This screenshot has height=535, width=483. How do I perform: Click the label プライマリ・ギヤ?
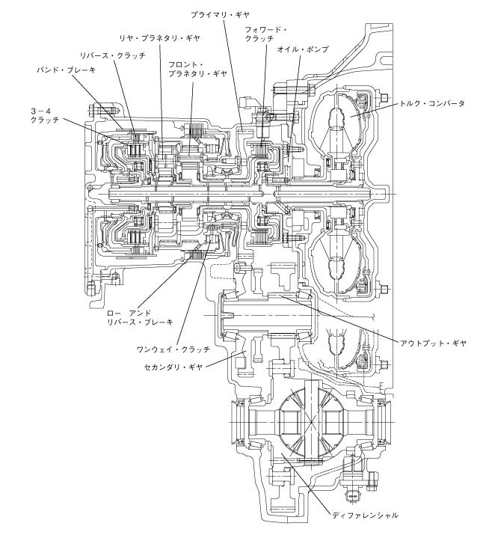220,15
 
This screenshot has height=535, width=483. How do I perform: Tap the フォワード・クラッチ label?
265,34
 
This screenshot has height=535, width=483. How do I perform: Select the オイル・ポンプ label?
303,49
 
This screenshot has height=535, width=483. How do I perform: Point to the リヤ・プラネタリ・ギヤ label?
159,38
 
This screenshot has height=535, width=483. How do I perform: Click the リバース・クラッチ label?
112,55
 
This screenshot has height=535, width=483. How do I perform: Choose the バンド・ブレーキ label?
66,70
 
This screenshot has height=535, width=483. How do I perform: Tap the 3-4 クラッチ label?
45,115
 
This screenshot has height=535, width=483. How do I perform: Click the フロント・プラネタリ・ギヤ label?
197,69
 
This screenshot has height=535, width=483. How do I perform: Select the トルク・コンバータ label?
432,103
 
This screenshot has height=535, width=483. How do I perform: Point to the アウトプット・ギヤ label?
433,343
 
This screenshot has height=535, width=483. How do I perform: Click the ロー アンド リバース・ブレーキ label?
140,317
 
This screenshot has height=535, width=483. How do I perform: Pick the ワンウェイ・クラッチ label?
173,349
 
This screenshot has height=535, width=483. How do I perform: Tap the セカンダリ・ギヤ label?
173,367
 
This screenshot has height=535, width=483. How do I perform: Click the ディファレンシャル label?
365,516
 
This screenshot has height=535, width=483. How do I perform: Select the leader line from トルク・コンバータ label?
374,109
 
